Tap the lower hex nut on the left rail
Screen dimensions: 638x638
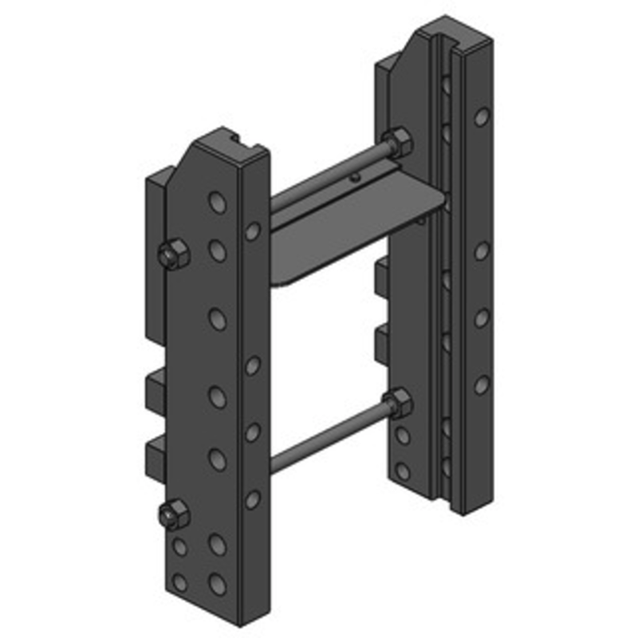[x=173, y=515]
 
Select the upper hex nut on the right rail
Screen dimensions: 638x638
[x=397, y=144]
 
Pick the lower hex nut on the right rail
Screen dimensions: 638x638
[x=397, y=404]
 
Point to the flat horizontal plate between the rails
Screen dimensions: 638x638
[x=351, y=231]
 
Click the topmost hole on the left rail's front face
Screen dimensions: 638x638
[x=216, y=202]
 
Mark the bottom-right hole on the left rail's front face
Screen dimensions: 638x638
[x=217, y=584]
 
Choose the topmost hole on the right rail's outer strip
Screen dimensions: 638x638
[x=481, y=117]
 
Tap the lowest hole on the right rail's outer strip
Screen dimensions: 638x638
[x=481, y=386]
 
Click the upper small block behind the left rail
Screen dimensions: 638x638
[x=155, y=388]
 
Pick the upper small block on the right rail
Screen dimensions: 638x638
[x=383, y=276]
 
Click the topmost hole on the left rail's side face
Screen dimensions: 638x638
[x=252, y=231]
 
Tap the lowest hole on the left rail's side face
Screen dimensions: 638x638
[x=252, y=499]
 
